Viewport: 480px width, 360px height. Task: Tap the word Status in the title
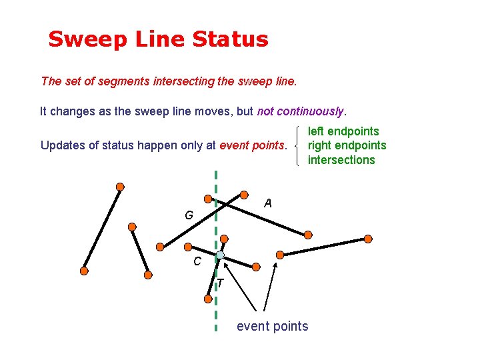point(230,39)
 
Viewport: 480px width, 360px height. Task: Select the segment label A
point(267,203)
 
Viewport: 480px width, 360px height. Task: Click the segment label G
point(189,216)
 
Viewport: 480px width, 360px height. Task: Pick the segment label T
point(220,285)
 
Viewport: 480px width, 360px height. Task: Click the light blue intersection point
point(220,255)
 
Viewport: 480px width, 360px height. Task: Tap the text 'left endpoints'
point(343,131)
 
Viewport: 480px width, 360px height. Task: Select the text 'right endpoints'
point(347,145)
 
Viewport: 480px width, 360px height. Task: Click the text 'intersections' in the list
point(341,159)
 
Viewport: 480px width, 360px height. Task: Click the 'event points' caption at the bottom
point(272,326)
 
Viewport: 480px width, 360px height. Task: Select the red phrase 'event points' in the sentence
point(252,145)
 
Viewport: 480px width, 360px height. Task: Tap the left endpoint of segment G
point(160,246)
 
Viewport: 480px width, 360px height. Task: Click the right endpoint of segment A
point(308,235)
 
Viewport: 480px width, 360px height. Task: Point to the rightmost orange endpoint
point(368,239)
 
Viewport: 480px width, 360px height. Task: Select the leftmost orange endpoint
point(84,271)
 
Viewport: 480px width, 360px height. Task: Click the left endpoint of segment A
point(208,199)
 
